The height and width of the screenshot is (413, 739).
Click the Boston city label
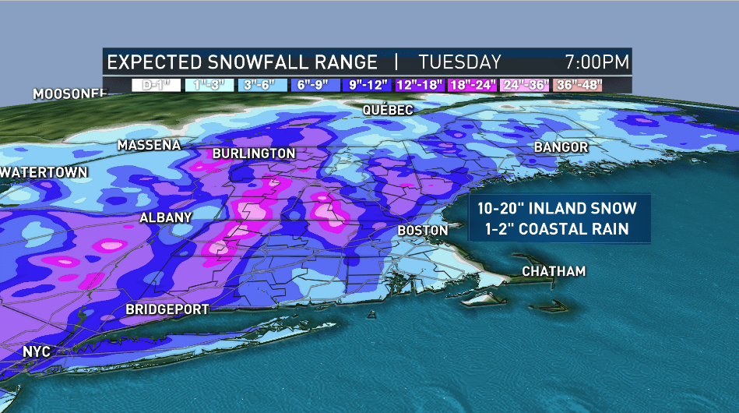point(423,231)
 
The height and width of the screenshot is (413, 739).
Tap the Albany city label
point(165,218)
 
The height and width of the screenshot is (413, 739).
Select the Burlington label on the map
point(254,154)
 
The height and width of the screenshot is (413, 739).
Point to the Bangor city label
point(561,147)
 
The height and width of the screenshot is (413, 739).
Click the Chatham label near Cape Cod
point(554,271)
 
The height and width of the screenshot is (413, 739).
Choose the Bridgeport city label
point(167,309)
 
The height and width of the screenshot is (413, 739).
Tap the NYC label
point(37,352)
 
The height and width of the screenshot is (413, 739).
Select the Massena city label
point(149,145)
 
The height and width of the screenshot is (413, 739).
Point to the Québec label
point(388,111)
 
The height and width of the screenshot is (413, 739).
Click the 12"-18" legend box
point(421,85)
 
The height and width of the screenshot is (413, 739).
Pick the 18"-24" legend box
point(473,85)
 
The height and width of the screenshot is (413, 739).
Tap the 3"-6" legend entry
point(262,85)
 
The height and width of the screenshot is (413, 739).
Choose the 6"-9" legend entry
point(315,85)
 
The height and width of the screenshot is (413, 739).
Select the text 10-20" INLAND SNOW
point(552,209)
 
